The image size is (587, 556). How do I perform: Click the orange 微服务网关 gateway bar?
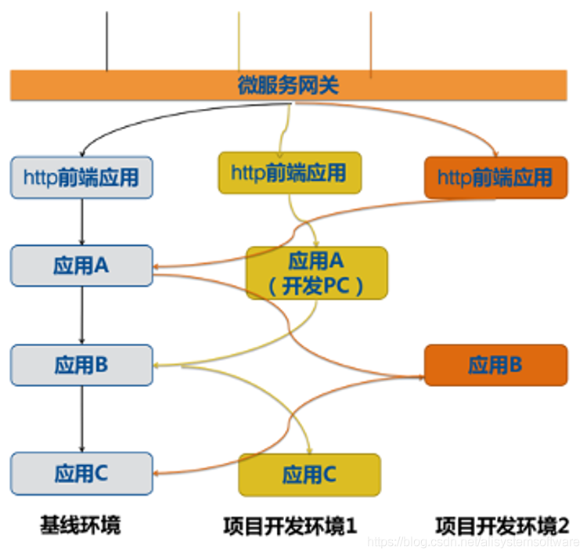[288, 85]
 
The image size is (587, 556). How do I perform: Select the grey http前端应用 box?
[81, 177]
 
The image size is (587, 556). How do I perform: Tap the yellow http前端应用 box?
[290, 172]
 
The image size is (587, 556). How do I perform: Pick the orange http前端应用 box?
[495, 177]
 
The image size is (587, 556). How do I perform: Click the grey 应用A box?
[81, 265]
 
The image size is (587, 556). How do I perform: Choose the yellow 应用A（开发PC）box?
[317, 273]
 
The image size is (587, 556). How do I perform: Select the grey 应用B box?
[81, 364]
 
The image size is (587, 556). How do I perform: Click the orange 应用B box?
[495, 364]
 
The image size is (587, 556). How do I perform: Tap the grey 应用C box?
[81, 473]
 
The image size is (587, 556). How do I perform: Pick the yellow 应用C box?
[310, 475]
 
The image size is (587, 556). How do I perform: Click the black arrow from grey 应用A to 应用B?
[82, 315]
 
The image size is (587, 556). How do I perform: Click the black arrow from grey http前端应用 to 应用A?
[82, 221]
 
